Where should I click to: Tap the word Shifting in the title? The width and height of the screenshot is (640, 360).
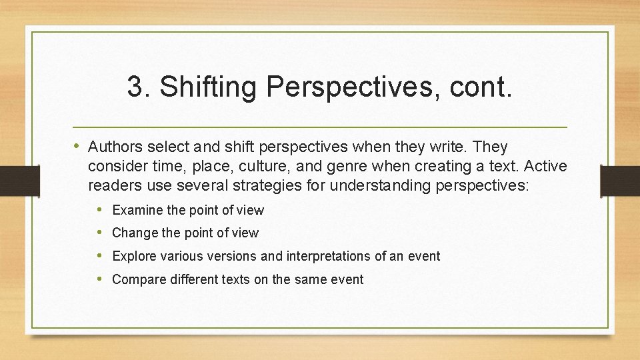[x=204, y=87]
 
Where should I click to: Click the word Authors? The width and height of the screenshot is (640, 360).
[x=114, y=146]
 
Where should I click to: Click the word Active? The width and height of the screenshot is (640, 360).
[x=545, y=165]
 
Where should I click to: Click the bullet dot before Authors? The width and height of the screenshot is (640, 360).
[x=77, y=146]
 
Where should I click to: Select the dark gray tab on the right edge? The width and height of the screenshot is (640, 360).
[x=619, y=181]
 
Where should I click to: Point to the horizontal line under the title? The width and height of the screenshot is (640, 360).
[x=320, y=126]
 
